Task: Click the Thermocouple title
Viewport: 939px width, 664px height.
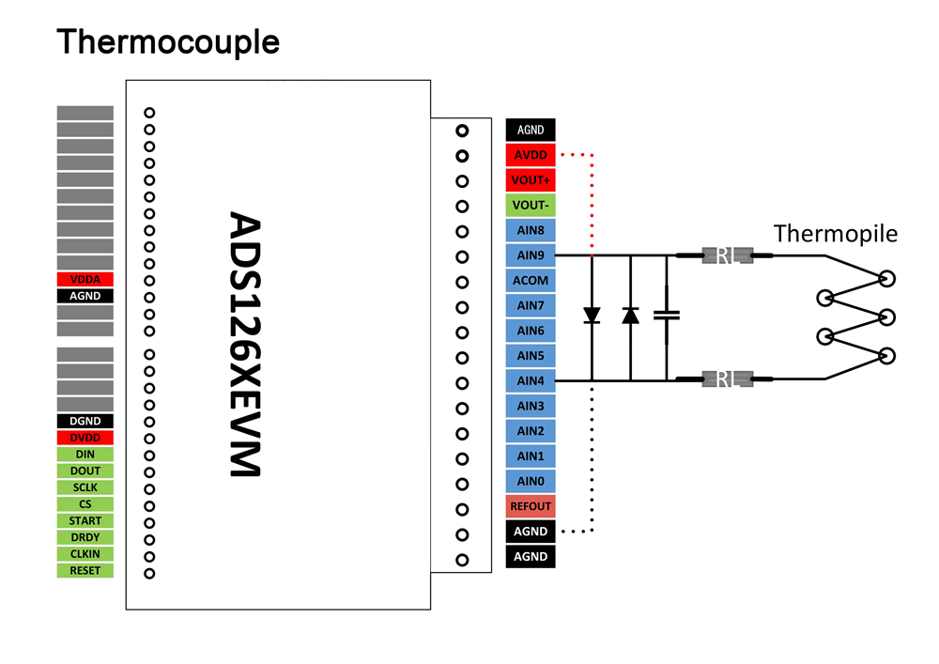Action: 168,42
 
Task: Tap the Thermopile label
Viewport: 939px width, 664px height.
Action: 836,234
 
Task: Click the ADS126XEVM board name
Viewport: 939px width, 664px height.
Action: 246,344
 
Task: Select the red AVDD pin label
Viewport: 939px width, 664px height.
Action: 531,155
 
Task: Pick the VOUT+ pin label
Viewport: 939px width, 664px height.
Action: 531,180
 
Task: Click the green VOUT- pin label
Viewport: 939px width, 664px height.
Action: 531,205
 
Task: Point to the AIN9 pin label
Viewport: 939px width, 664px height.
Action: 531,255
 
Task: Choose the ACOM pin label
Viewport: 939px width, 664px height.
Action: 531,280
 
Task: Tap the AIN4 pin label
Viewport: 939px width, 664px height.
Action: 531,380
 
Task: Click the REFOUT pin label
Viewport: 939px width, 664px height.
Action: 531,506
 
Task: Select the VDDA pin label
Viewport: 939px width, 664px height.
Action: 85,280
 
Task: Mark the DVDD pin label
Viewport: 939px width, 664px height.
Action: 85,438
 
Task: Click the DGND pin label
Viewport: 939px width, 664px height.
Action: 85,422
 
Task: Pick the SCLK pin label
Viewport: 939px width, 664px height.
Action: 85,487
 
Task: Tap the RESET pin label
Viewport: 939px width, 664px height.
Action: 85,570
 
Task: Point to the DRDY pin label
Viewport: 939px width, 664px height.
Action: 85,537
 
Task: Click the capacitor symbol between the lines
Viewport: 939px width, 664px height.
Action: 667,317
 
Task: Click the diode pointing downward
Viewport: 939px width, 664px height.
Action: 592,316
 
